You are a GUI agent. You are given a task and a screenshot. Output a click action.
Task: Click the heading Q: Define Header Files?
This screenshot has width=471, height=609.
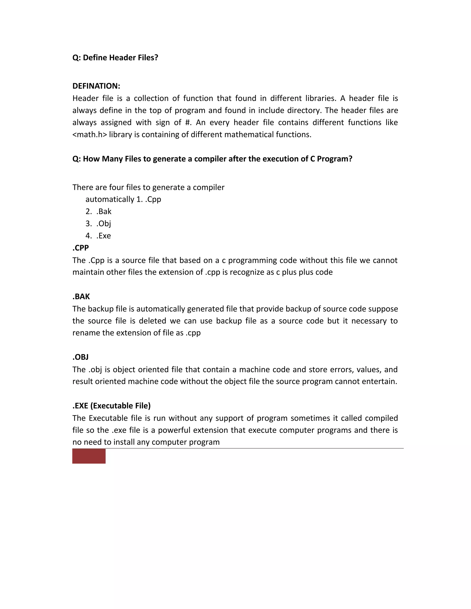(115, 57)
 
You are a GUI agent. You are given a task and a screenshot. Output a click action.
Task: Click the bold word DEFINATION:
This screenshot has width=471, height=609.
(96, 86)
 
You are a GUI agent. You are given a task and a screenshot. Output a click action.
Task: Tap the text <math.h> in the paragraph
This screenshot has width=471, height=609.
(89, 135)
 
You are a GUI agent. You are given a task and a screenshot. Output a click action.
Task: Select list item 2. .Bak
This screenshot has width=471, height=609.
(98, 211)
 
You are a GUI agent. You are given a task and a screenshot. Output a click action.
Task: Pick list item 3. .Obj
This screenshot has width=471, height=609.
(98, 224)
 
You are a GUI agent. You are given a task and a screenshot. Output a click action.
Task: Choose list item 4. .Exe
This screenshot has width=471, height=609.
(98, 236)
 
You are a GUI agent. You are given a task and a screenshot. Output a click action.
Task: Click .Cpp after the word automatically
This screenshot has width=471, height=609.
(153, 199)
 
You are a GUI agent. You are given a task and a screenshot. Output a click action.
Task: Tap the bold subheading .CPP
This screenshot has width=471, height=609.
(81, 248)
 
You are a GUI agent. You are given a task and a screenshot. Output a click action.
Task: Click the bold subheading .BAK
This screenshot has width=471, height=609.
(81, 296)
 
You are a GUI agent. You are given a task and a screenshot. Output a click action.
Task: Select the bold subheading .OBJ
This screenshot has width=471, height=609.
(81, 357)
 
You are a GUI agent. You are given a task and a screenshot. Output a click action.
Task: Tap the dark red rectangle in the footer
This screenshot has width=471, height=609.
(89, 456)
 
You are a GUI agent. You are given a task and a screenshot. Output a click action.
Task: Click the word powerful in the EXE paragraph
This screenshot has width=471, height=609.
(174, 430)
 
